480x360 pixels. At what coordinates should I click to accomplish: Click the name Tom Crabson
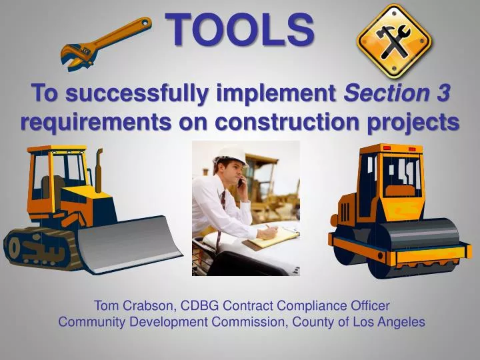133,306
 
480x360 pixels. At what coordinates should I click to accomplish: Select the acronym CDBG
198,306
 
